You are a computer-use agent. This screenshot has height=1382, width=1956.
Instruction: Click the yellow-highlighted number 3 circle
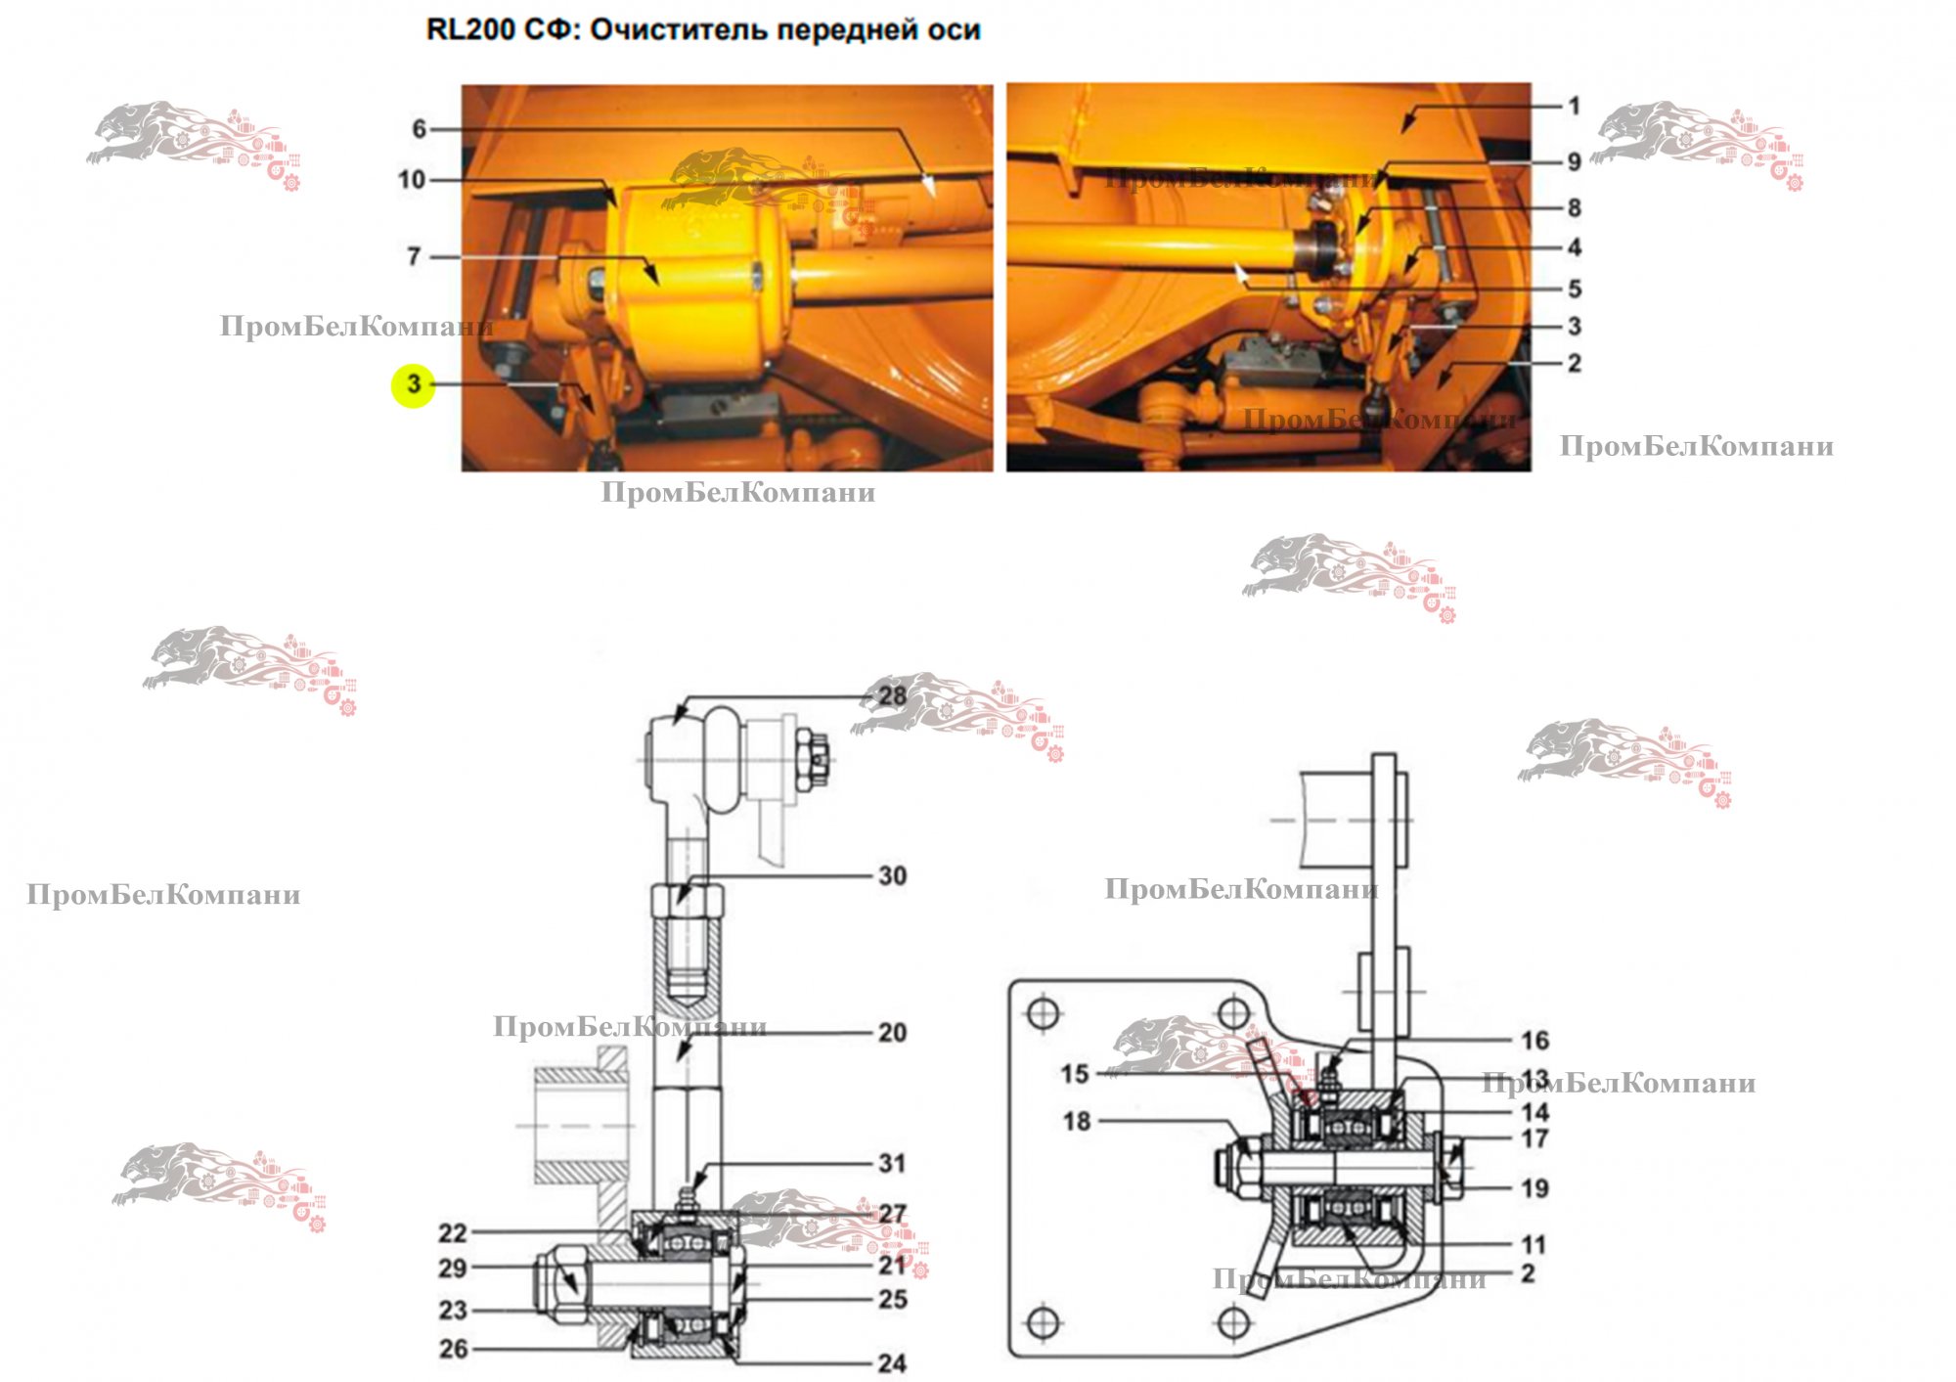click(x=413, y=384)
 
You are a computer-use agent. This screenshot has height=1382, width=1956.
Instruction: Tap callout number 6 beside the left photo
click(x=419, y=129)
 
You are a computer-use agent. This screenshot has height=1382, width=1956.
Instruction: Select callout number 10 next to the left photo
click(x=412, y=180)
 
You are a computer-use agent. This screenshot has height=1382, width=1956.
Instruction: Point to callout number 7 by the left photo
click(x=414, y=256)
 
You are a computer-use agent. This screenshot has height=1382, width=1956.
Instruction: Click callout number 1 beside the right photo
click(x=1574, y=106)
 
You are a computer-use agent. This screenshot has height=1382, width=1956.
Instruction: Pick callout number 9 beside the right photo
click(x=1574, y=161)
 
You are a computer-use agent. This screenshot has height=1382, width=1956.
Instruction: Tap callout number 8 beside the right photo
click(x=1574, y=207)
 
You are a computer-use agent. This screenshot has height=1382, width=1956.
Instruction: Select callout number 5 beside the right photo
click(x=1574, y=289)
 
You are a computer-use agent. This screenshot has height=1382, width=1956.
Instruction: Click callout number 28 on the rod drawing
click(x=892, y=695)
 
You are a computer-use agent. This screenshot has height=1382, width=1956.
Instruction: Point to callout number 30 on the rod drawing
click(x=892, y=875)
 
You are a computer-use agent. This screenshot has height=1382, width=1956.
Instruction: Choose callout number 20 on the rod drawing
click(x=892, y=1032)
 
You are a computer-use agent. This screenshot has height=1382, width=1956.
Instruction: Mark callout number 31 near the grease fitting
click(x=892, y=1163)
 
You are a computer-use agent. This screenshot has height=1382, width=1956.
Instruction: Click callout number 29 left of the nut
click(x=452, y=1268)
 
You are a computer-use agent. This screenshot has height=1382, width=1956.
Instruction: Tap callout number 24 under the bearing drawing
click(x=892, y=1362)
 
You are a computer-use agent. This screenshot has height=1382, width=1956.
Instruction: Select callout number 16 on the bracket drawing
click(x=1534, y=1040)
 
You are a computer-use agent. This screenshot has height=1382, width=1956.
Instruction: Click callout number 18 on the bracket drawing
click(x=1077, y=1121)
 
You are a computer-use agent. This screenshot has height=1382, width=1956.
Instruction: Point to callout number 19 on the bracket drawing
click(x=1534, y=1188)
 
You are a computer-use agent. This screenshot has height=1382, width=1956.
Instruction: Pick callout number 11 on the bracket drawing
click(x=1533, y=1245)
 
